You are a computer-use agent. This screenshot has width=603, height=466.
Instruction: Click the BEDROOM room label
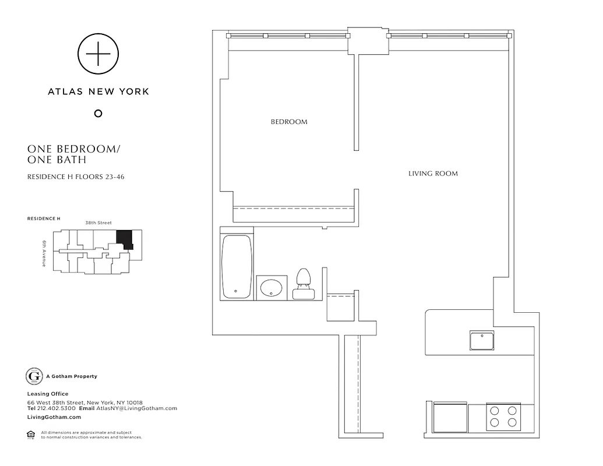(288, 122)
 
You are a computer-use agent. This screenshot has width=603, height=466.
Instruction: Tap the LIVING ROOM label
(432, 173)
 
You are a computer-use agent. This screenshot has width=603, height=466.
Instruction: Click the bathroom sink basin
(271, 288)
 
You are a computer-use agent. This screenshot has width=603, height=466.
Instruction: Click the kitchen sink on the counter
(482, 341)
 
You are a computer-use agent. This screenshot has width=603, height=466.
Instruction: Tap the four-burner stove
(503, 416)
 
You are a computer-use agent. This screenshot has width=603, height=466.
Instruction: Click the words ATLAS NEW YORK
(98, 91)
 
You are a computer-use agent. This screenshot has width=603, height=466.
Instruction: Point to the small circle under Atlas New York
(98, 113)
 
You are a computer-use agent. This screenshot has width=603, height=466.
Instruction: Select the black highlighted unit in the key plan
(125, 239)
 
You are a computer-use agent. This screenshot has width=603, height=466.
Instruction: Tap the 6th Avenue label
(44, 253)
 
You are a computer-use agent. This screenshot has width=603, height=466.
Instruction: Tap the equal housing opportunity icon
(30, 433)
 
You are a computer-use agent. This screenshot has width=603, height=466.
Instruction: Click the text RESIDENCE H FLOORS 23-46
(76, 177)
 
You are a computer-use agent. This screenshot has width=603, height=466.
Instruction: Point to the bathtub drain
(235, 291)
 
